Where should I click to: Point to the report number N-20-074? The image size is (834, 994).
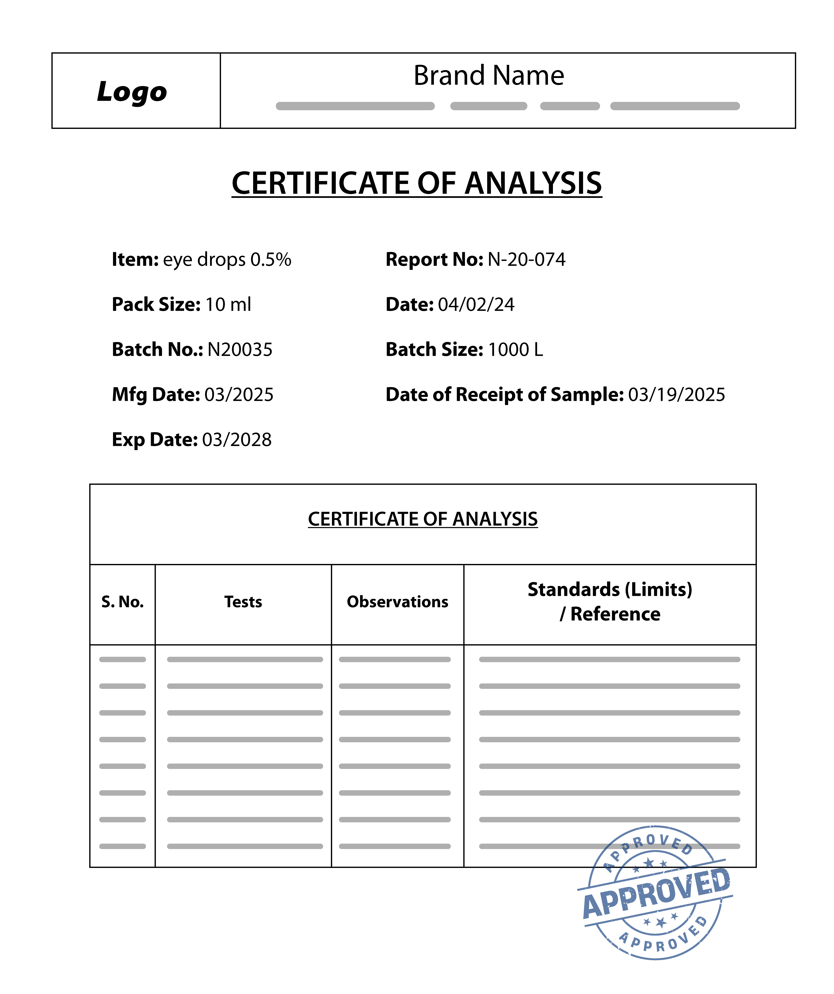(x=526, y=260)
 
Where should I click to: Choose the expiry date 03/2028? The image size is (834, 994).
(x=237, y=440)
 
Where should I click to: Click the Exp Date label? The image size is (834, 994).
(x=154, y=440)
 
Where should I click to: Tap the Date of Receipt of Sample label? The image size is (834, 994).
(x=505, y=395)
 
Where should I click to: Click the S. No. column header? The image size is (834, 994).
(x=123, y=602)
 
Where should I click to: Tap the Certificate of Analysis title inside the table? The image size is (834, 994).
(x=423, y=519)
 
